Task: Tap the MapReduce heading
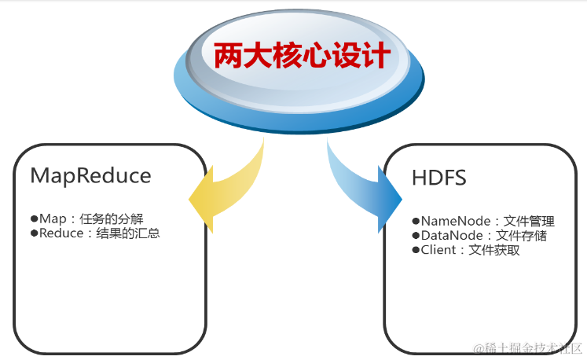[90, 175]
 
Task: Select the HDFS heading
[438, 178]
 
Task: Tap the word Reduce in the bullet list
[62, 233]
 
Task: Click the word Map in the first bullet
[53, 219]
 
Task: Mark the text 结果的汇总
[129, 233]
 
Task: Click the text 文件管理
[529, 222]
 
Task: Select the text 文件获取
[494, 250]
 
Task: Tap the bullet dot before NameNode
[416, 222]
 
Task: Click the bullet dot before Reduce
[34, 233]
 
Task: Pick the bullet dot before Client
[416, 250]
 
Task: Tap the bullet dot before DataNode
[416, 236]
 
